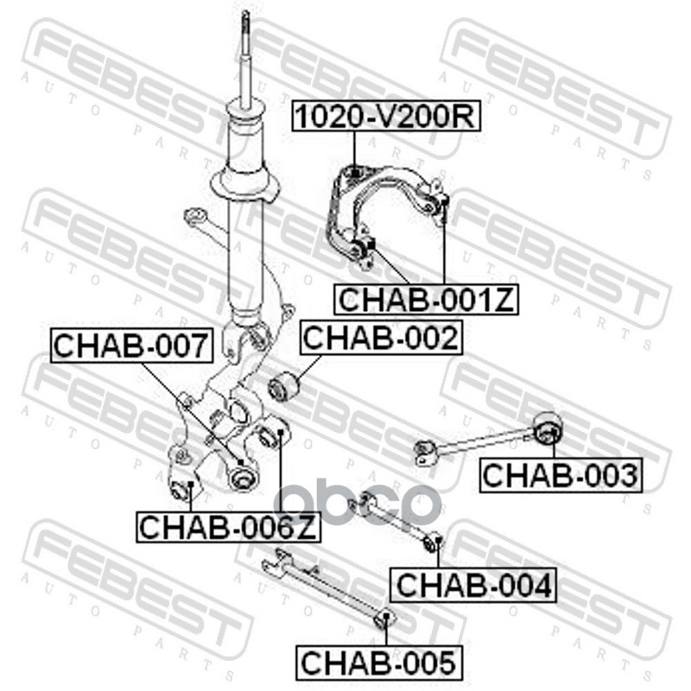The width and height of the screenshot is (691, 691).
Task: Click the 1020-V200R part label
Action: coord(384,116)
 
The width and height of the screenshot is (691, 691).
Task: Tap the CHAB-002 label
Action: coord(381,337)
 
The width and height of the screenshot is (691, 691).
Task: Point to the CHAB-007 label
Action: coord(131,345)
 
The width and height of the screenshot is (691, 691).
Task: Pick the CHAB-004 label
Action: coord(473,586)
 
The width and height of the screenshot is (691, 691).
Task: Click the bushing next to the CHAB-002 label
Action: coord(282,386)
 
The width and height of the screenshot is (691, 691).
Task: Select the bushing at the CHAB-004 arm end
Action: coord(434,542)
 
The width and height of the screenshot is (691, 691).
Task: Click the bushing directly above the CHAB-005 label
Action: coord(387,620)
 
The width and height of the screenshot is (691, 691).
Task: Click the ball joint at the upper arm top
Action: coord(354,174)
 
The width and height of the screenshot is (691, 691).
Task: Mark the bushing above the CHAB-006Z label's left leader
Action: coord(182,490)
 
